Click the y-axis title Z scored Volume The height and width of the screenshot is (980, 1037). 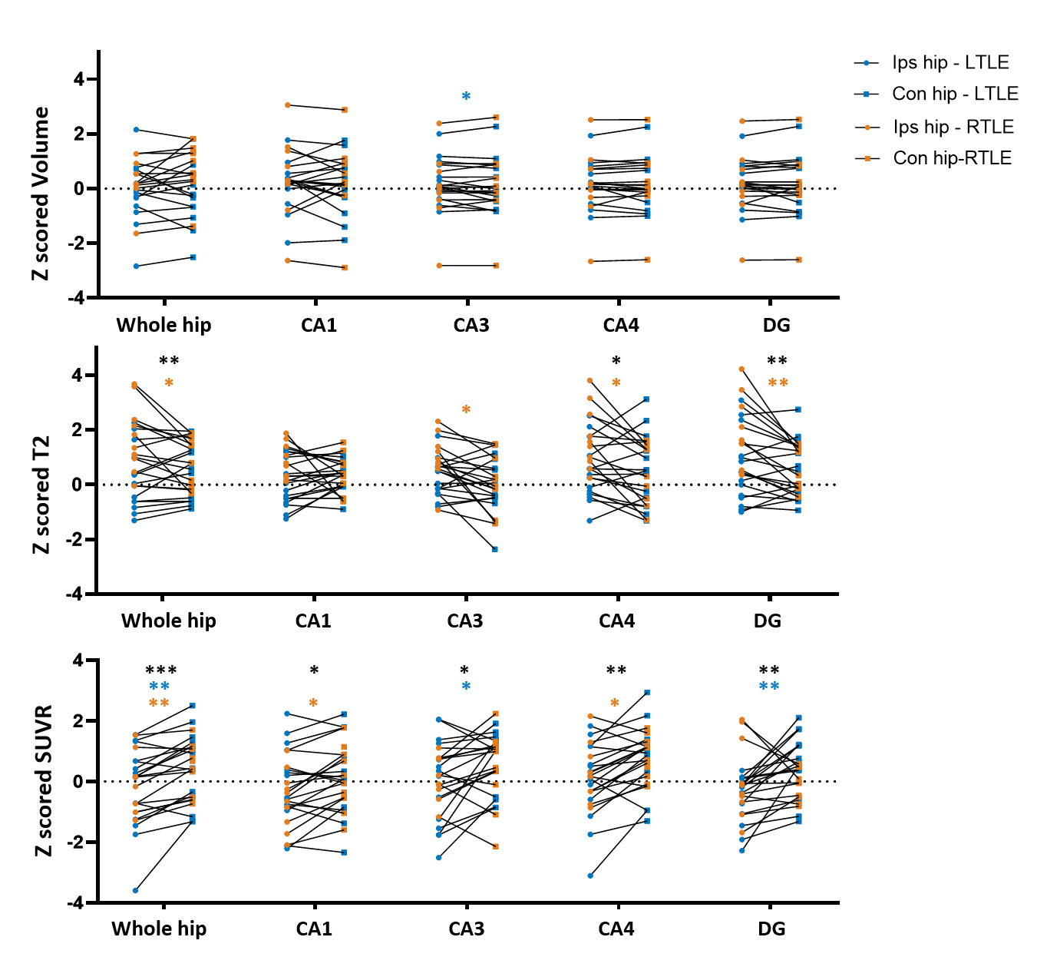point(40,191)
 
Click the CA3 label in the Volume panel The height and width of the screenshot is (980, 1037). point(471,325)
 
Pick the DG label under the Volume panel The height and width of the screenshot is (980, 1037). point(776,325)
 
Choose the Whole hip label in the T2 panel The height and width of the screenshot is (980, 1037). point(169,621)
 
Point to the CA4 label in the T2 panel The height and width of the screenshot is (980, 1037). point(616,621)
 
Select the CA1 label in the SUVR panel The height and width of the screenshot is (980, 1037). point(314,929)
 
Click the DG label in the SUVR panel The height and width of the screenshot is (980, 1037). point(771,929)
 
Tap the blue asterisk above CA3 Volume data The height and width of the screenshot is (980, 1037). point(466,96)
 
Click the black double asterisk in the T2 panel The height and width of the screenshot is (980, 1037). point(778,361)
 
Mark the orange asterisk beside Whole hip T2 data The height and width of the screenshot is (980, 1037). point(169,382)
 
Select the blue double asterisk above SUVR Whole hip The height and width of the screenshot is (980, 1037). point(159,686)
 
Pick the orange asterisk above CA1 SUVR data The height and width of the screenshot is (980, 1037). point(313,703)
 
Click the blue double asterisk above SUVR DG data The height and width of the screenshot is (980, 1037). point(769,686)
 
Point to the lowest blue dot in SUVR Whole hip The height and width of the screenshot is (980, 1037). point(135,891)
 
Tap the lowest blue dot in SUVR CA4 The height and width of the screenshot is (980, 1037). point(590,876)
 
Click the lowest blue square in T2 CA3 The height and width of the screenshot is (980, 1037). point(495,549)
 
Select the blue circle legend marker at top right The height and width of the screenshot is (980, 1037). point(867,63)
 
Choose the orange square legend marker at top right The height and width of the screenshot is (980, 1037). point(867,158)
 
